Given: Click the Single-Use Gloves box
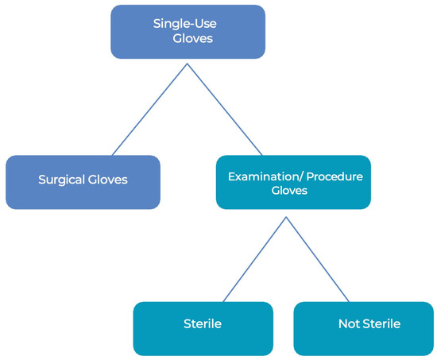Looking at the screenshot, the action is pyautogui.click(x=188, y=32).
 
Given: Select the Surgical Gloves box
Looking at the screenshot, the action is pyautogui.click(x=83, y=182).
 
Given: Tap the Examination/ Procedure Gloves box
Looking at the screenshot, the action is pyautogui.click(x=293, y=182).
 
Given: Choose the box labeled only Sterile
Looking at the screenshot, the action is pyautogui.click(x=203, y=328).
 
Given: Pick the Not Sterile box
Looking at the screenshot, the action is pyautogui.click(x=364, y=328).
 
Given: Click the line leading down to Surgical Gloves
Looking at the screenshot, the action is pyautogui.click(x=149, y=110).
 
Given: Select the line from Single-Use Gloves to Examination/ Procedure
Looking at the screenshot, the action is pyautogui.click(x=225, y=110).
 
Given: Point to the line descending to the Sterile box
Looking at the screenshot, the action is pyautogui.click(x=255, y=259).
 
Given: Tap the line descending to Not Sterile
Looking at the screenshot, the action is pyautogui.click(x=318, y=259).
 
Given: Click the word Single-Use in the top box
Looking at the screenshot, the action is pyautogui.click(x=185, y=24).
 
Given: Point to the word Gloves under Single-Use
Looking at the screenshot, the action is pyautogui.click(x=192, y=38).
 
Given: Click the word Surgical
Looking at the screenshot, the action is pyautogui.click(x=62, y=180).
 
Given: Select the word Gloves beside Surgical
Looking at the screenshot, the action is pyautogui.click(x=107, y=180).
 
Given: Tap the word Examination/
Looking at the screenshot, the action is pyautogui.click(x=266, y=176).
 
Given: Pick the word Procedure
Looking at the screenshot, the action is pyautogui.click(x=335, y=176).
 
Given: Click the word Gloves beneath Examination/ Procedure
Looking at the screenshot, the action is pyautogui.click(x=289, y=191).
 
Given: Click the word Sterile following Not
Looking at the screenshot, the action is pyautogui.click(x=381, y=323).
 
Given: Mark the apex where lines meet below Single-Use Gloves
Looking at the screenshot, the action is pyautogui.click(x=188, y=64).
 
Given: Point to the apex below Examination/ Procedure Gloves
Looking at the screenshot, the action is pyautogui.click(x=286, y=217).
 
